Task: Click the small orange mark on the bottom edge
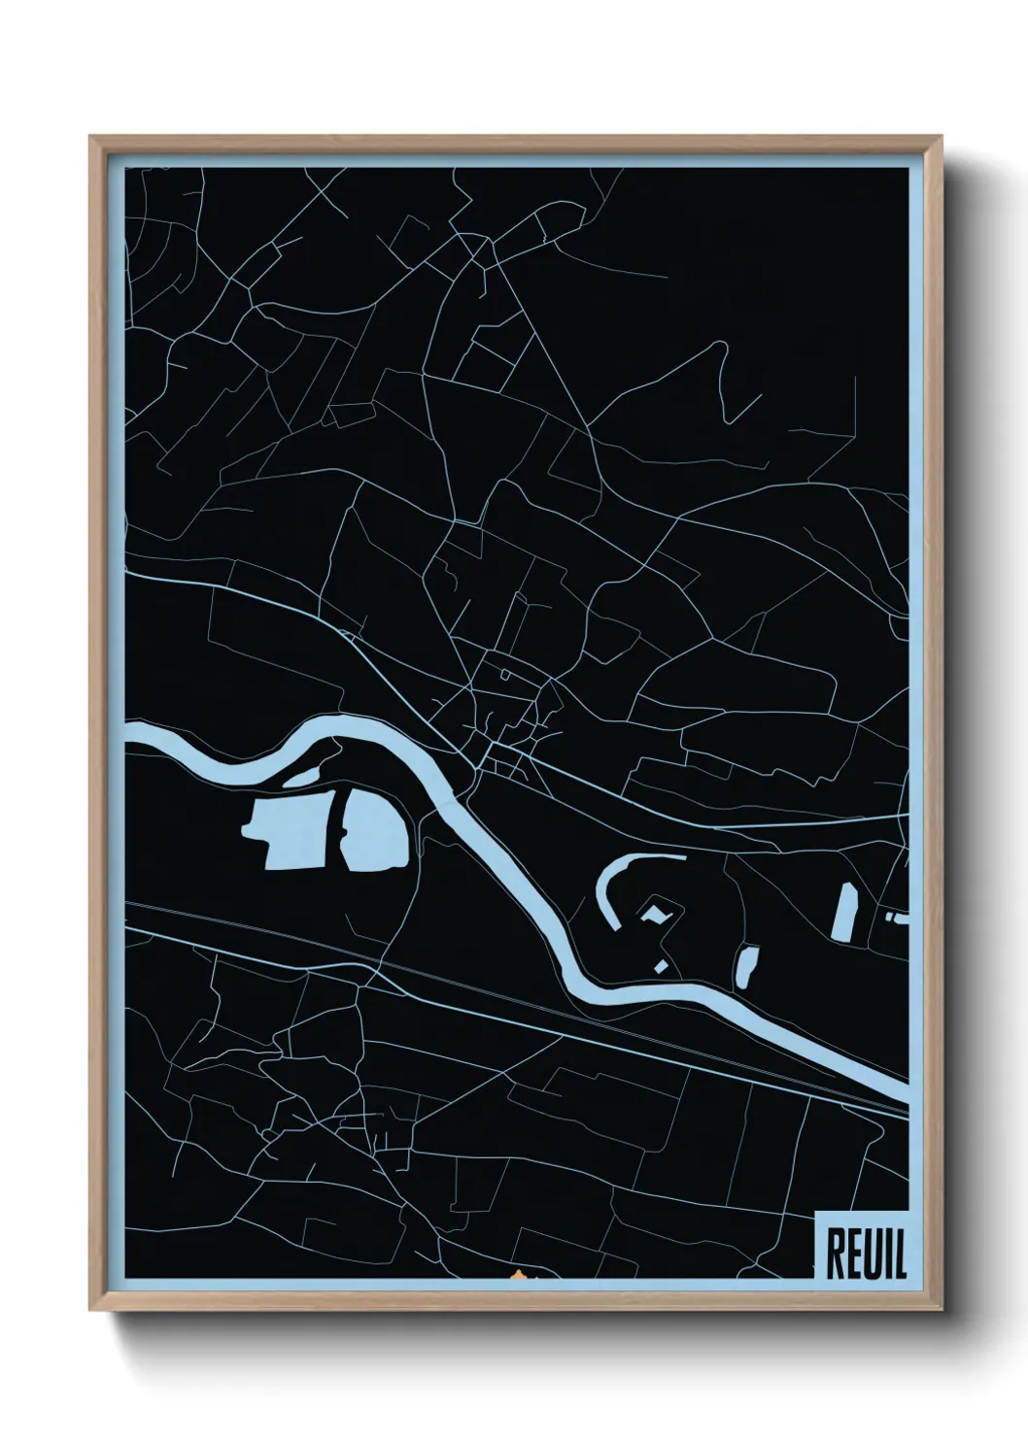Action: [x=517, y=1275]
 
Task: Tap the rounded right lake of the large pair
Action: [x=374, y=830]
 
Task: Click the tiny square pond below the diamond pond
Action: [x=662, y=965]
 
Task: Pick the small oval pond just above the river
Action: [x=747, y=965]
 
